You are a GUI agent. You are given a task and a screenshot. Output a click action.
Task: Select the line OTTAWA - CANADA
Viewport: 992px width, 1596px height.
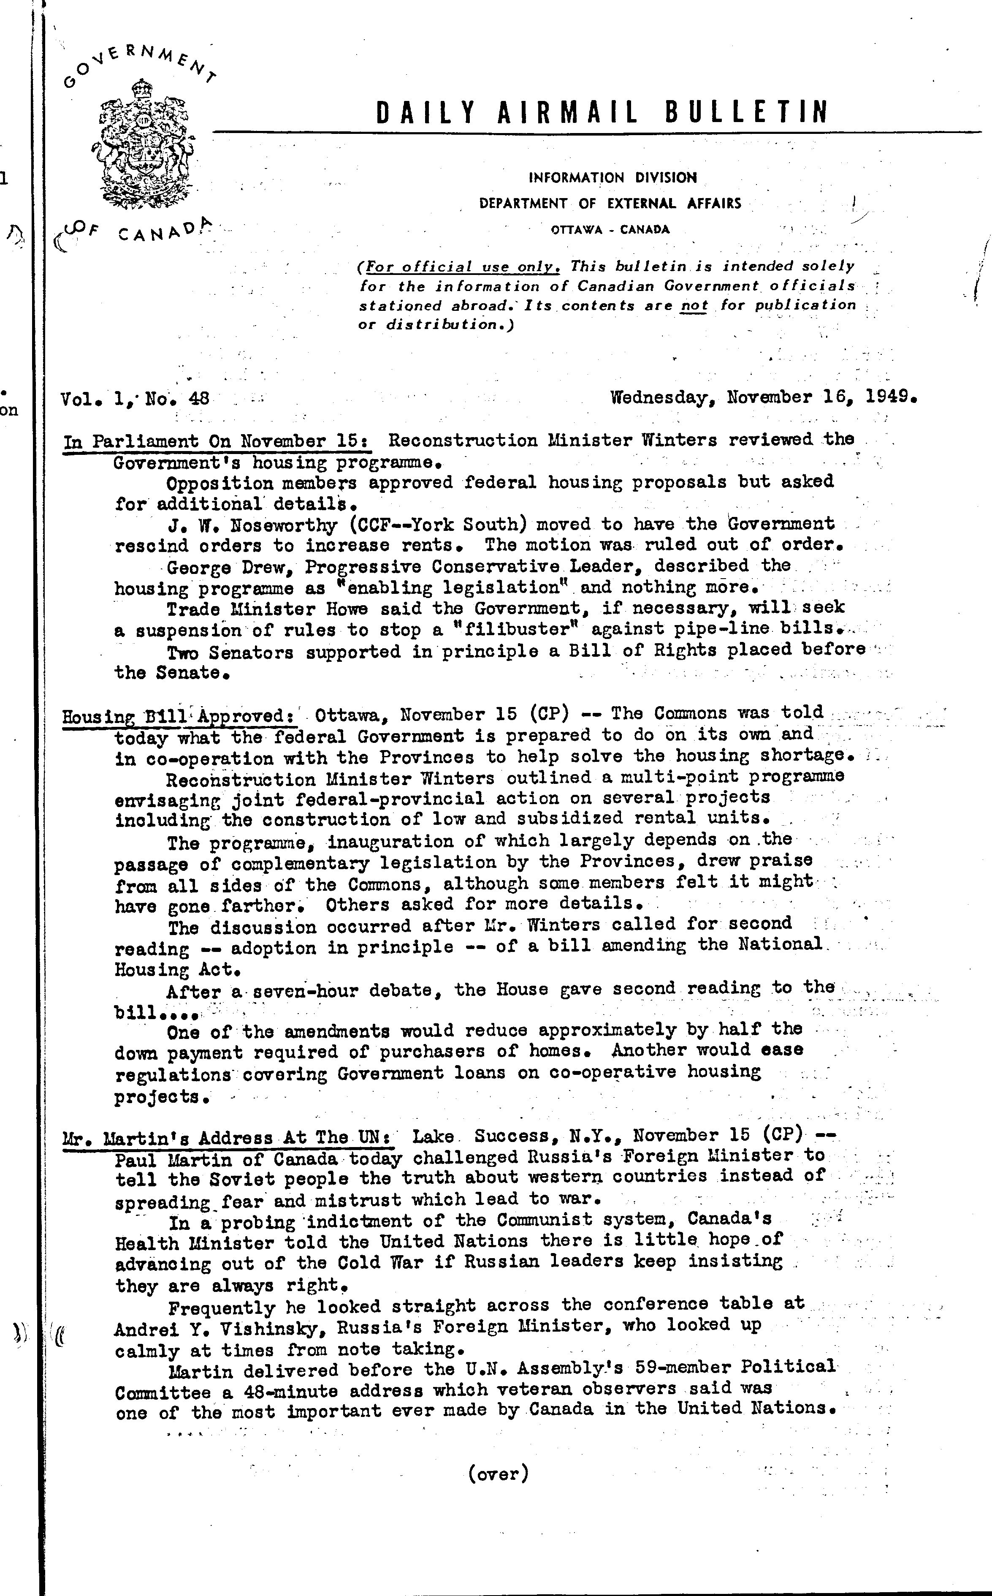610,230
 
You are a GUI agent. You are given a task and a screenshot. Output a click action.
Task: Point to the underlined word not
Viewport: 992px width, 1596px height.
694,305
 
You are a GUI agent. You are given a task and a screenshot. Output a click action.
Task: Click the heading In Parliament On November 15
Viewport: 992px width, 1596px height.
217,441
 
